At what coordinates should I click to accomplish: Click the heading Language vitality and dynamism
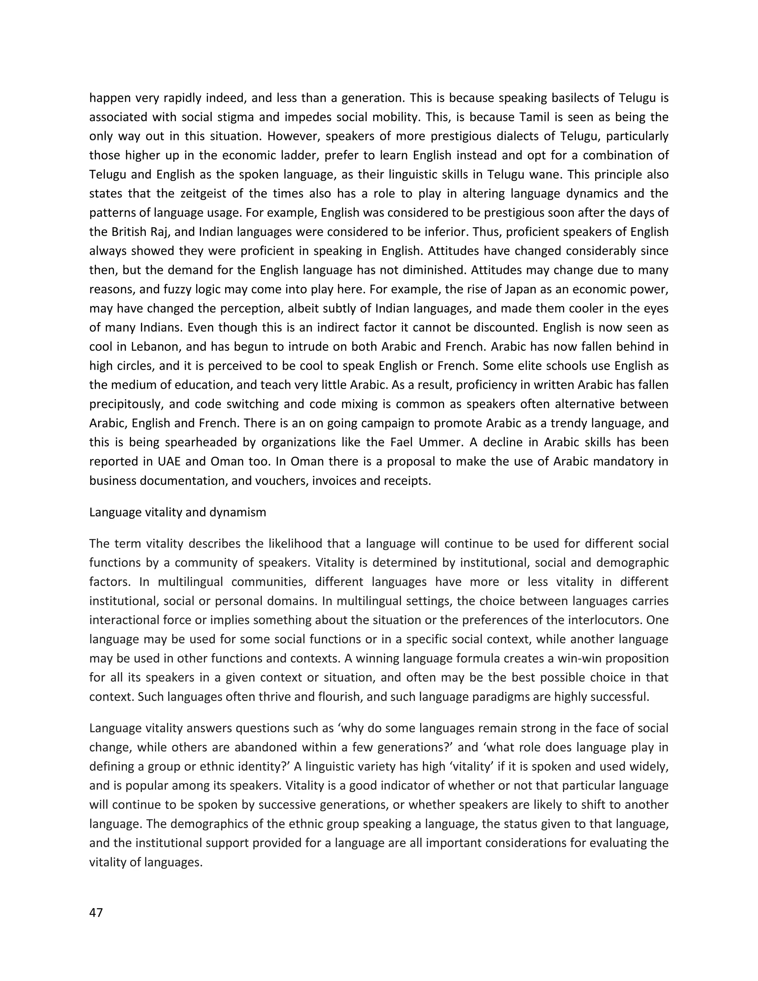coord(177,512)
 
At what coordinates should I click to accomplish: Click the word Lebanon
coord(155,347)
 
